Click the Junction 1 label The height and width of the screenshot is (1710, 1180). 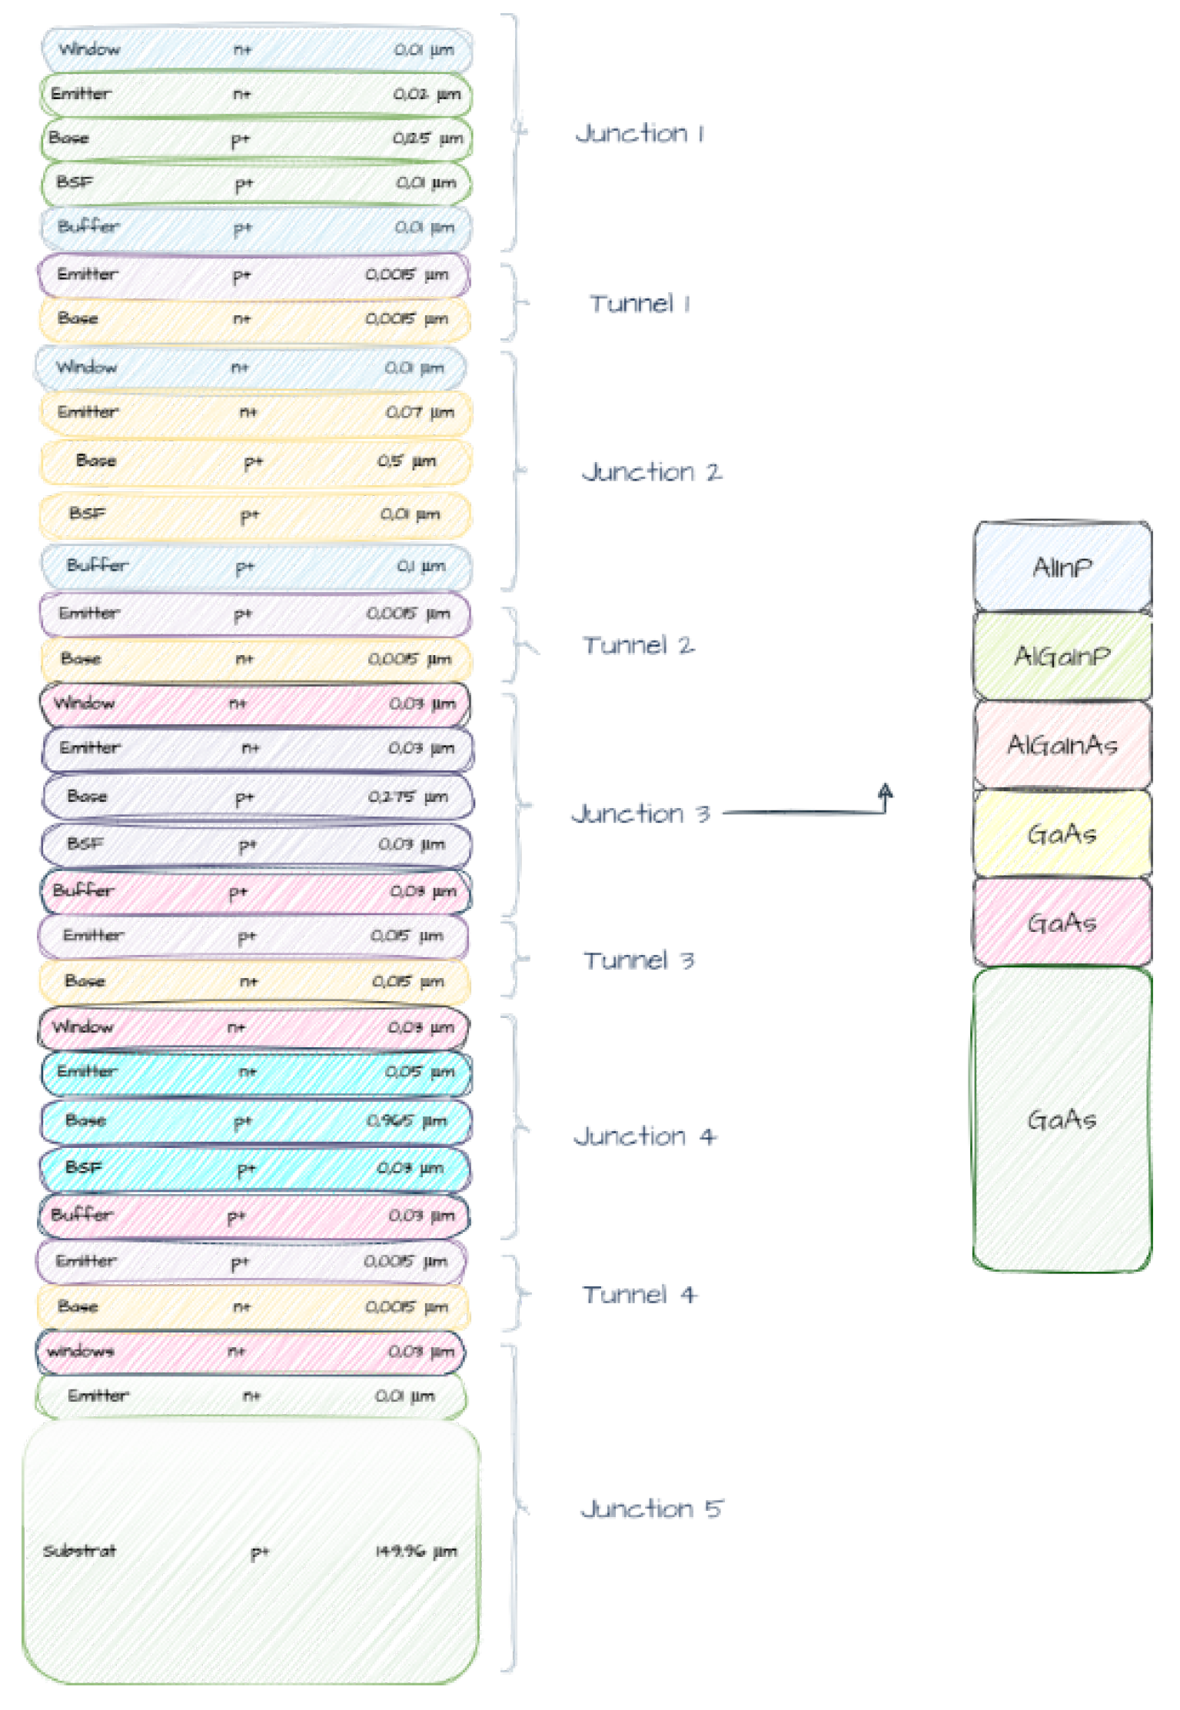[640, 134]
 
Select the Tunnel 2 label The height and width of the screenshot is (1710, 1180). [638, 645]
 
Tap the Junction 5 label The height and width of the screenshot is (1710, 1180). [652, 1509]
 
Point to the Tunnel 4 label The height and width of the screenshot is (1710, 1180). [639, 1295]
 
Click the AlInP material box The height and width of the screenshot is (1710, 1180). [1062, 567]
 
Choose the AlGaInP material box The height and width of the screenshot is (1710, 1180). [1062, 656]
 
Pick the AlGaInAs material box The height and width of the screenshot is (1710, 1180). [1062, 744]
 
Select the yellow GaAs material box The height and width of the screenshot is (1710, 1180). [1062, 833]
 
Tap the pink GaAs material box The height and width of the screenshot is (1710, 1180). [1062, 922]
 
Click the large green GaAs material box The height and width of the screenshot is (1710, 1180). [1062, 1119]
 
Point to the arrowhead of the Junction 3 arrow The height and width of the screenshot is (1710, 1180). [886, 790]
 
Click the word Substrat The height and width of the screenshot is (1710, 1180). [80, 1551]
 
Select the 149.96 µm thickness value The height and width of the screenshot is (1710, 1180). [416, 1552]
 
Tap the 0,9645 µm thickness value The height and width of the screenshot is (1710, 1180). [407, 1121]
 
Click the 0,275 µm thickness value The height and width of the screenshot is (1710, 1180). [408, 797]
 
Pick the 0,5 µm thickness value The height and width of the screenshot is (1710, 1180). [407, 461]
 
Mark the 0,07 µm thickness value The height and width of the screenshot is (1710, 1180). [419, 413]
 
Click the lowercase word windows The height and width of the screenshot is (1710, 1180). [80, 1352]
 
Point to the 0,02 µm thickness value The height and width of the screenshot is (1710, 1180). [427, 95]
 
